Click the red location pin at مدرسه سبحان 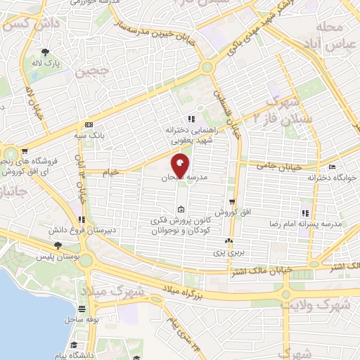pos(180,166)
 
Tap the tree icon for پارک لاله pos(45,53)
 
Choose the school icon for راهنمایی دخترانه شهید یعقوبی pos(190,119)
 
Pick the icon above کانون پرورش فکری pos(181,210)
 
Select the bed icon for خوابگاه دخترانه pos(332,167)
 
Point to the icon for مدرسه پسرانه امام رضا pos(304,212)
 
